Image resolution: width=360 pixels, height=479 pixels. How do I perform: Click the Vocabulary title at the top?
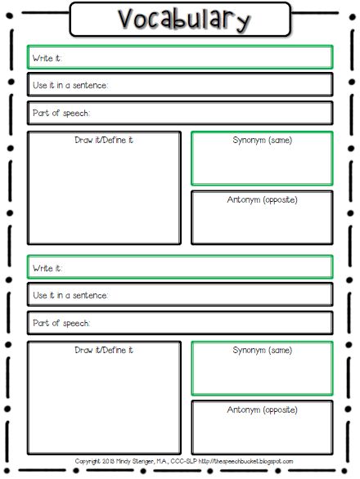[x=184, y=20]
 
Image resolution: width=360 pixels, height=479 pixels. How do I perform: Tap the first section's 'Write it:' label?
[x=47, y=58]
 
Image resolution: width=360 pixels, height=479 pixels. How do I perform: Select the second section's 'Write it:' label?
[x=47, y=268]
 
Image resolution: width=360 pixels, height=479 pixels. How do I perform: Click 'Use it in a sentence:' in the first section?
[x=70, y=85]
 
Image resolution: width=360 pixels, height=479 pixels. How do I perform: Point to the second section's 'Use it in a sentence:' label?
[x=70, y=295]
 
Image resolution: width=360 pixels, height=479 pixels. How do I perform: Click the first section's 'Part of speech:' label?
[x=61, y=113]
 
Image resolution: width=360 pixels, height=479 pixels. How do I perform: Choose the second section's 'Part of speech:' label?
[x=61, y=323]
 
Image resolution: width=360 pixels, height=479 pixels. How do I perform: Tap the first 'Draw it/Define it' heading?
[x=104, y=140]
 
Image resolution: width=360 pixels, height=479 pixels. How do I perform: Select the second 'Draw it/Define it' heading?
[x=104, y=350]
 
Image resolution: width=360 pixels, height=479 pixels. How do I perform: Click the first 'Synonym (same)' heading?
[x=263, y=141]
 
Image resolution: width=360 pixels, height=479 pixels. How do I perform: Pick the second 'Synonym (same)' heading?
[x=263, y=351]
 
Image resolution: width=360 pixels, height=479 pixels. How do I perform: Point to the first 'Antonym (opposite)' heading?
[x=262, y=199]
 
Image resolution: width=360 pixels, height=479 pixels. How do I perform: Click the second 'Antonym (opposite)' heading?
[x=262, y=410]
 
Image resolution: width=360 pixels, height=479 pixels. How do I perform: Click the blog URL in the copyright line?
[x=246, y=461]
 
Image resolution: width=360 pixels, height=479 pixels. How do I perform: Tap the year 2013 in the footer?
[x=108, y=461]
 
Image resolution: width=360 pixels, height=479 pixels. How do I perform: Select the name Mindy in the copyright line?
[x=124, y=462]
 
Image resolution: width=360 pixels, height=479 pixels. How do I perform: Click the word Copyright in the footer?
[x=88, y=462]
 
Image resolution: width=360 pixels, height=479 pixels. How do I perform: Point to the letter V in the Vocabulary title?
[x=126, y=19]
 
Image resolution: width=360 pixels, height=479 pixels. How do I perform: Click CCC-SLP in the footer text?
[x=183, y=461]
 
